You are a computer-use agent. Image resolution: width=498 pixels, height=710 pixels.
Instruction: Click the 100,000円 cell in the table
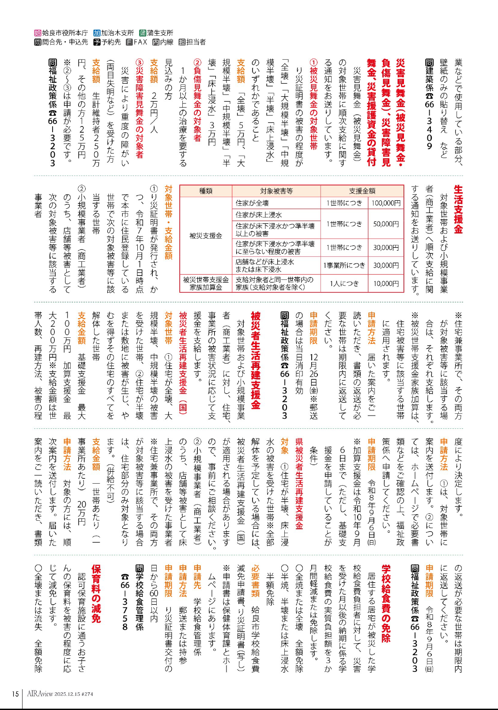386,203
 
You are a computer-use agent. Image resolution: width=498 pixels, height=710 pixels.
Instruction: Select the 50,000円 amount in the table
386,224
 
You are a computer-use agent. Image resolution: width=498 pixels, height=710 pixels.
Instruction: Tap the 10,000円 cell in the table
386,283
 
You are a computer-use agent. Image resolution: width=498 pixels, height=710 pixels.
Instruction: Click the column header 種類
206,191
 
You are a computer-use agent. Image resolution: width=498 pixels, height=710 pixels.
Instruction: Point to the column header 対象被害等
276,191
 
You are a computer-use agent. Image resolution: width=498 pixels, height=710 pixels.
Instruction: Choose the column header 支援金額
362,191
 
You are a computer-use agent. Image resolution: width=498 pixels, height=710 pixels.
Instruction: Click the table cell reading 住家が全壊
252,203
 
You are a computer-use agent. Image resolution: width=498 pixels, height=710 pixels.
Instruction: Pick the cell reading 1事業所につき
344,265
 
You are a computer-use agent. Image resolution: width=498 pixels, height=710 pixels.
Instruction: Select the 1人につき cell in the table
344,283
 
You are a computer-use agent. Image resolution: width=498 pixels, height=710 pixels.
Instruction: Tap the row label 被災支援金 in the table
206,236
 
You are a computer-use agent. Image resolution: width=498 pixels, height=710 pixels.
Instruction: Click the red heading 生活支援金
458,210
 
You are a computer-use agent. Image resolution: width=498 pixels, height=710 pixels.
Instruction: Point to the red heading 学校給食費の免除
386,603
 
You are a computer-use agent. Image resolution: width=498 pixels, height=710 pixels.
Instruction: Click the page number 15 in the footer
15,694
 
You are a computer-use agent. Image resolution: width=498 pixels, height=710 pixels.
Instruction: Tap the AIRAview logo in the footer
40,694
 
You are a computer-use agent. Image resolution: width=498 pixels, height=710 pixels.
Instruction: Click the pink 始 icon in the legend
38,33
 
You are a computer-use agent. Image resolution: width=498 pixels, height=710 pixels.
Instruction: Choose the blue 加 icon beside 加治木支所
97,33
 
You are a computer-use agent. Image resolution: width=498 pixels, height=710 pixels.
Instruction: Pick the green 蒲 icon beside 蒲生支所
143,33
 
